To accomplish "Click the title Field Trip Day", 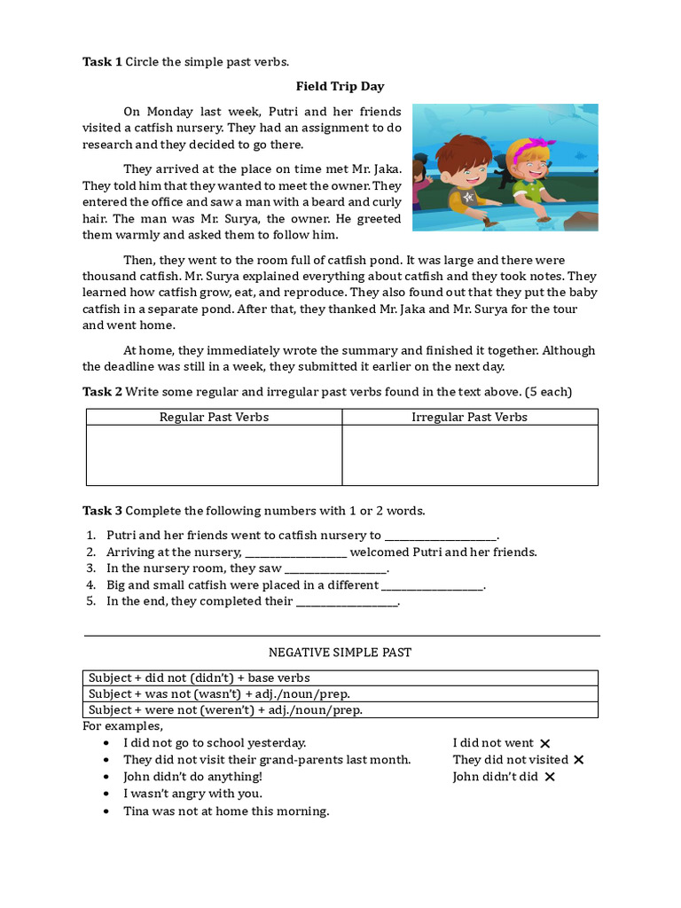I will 340,87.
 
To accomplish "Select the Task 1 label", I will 102,61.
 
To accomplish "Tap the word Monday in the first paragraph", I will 169,112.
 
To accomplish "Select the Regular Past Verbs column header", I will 214,417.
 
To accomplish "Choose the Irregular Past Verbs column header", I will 469,417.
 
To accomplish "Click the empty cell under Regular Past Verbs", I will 214,455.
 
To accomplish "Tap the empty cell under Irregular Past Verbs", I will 469,455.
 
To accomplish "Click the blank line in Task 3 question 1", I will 441,536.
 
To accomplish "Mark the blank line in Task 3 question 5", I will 347,602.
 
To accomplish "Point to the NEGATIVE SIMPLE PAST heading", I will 340,653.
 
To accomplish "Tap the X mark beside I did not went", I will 545,744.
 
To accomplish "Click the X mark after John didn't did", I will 550,778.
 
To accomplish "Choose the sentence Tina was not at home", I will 226,811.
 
